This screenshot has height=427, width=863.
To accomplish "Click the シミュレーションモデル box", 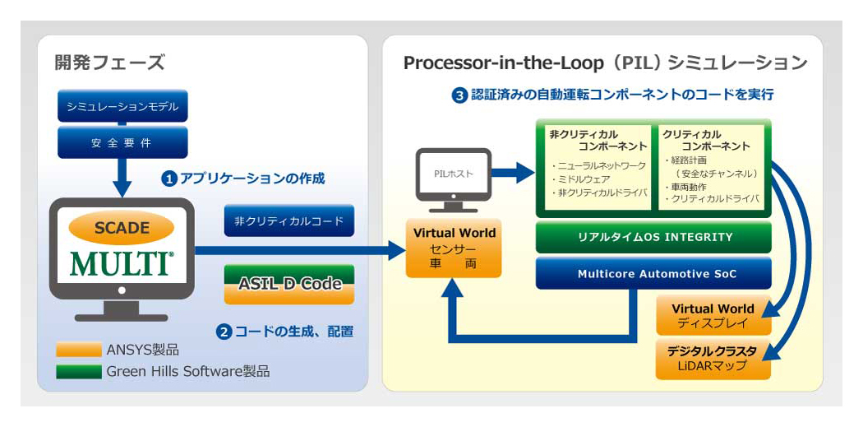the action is point(122,107).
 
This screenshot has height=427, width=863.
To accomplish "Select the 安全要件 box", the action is point(122,142).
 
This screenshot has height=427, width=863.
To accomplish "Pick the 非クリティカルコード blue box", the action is point(289,221).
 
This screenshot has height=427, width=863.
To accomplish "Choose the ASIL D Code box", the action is point(289,285).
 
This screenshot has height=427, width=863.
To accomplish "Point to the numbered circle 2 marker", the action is point(224,332).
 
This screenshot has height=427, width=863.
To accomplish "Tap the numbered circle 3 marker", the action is point(459,95).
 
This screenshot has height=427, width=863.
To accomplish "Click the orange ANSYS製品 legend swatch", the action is point(79,350).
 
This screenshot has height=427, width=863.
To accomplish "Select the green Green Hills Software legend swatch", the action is point(79,371).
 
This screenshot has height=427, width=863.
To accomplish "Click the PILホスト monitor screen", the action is point(453,175).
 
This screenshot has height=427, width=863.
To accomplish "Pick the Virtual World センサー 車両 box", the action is point(454,248).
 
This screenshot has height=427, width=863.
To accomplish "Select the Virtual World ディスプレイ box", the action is point(713,315).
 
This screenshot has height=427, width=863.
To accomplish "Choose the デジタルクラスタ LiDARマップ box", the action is point(713,359).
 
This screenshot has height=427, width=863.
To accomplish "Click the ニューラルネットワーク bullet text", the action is point(598,166).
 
